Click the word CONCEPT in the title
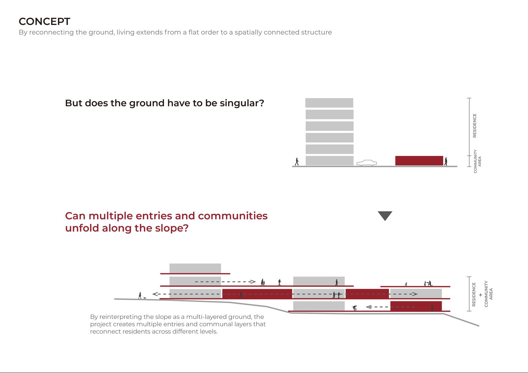[44, 21]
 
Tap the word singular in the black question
[242, 103]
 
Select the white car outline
[366, 163]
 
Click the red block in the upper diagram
[419, 160]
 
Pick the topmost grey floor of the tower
[329, 103]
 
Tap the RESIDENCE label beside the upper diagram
[475, 126]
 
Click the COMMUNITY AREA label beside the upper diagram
[477, 161]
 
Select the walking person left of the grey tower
[297, 161]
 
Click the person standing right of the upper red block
[446, 161]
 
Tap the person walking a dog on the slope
[141, 296]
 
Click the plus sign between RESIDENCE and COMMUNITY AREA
[480, 295]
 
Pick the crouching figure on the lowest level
[354, 308]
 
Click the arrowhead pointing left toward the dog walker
[155, 294]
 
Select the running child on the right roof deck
[406, 284]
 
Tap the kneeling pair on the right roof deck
[428, 283]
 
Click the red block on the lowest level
[416, 306]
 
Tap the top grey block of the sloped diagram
[195, 268]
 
